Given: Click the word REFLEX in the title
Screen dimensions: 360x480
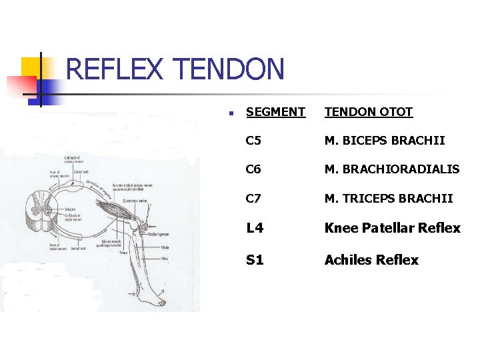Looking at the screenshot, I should tap(115, 69).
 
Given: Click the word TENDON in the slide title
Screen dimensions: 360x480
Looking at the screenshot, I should tap(228, 69).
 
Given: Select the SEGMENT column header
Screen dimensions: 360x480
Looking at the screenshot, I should tap(275, 112).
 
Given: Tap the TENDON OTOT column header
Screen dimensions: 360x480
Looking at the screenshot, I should tap(368, 112).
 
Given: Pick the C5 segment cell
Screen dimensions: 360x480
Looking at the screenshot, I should tap(253, 141).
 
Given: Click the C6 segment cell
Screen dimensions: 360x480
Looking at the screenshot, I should tap(253, 169).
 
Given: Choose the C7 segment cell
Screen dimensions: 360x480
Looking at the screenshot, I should tap(253, 198).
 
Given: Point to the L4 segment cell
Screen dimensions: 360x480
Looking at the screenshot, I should tap(255, 228).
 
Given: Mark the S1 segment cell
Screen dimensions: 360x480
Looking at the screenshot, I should tap(255, 260).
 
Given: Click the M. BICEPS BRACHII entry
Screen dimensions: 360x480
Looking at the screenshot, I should tap(384, 141).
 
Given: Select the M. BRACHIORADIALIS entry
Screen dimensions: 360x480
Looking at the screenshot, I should tap(391, 169).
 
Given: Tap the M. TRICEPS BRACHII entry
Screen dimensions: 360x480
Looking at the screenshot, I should tap(388, 198).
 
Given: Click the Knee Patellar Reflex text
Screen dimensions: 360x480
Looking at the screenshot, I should tap(392, 228).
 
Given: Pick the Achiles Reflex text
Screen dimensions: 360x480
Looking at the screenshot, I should tap(371, 260).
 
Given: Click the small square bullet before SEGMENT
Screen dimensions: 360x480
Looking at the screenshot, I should tap(229, 113).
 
